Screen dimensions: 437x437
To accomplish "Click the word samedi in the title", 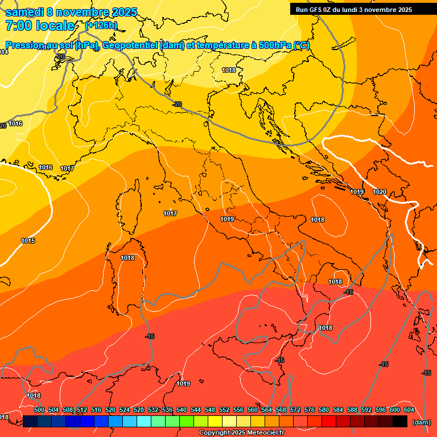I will coord(26,12).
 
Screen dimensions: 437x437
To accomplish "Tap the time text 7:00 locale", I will coord(40,26).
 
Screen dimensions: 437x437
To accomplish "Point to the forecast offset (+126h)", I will coord(101,25).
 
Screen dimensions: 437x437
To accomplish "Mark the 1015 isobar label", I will coord(28,241).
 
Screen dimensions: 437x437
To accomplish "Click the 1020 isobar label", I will coord(380,192).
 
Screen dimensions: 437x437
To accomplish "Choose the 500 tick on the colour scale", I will coord(39,410).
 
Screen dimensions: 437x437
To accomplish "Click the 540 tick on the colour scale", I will coord(182,410).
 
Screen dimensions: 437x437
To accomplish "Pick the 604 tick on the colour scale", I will coord(409,410).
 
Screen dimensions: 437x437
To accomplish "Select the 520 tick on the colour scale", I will coord(110,410).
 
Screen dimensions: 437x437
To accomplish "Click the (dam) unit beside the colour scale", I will coord(421,422).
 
